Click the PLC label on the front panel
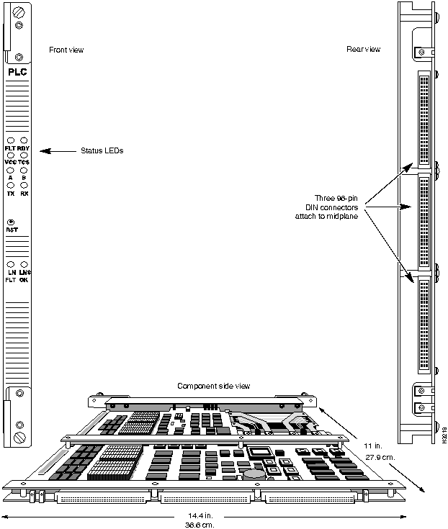[x=17, y=72]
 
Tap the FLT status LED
[x=11, y=140]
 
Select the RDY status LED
[x=24, y=140]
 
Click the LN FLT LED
[x=11, y=264]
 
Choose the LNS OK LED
[x=24, y=264]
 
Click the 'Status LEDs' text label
[x=102, y=151]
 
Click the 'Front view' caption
[x=66, y=50]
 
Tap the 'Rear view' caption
[x=363, y=50]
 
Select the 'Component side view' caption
[x=214, y=386]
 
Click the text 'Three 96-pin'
[x=336, y=197]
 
